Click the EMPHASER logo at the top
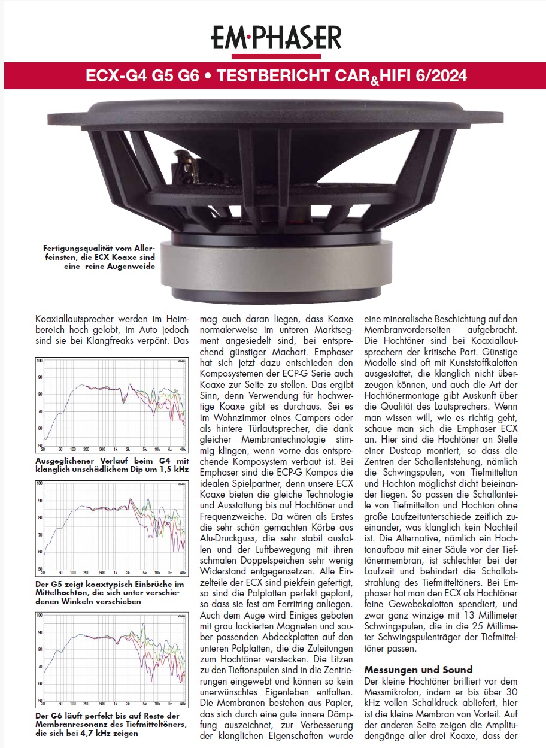[276, 37]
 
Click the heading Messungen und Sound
[418, 670]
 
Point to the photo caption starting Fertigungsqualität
[98, 256]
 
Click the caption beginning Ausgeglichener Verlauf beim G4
[111, 465]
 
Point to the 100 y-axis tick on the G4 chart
[40, 361]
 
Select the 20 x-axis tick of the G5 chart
[43, 572]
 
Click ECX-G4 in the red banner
[110, 77]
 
